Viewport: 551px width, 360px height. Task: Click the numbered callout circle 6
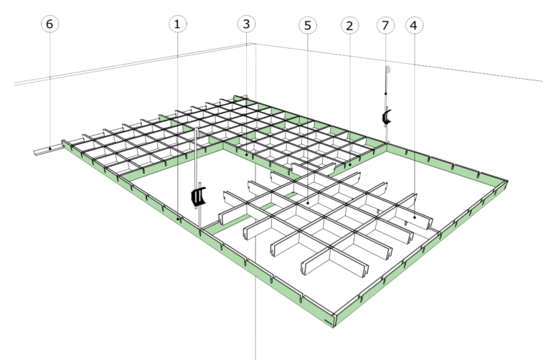click(x=49, y=24)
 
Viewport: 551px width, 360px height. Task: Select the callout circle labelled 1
click(x=178, y=24)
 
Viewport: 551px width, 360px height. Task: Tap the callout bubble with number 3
click(x=245, y=24)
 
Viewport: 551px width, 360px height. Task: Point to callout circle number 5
click(x=308, y=25)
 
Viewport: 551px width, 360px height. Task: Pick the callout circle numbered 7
click(x=386, y=25)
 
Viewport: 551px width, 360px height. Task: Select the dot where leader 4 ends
click(x=415, y=214)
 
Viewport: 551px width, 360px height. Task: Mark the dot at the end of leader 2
click(x=349, y=165)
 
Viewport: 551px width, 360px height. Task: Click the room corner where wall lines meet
click(x=254, y=44)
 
